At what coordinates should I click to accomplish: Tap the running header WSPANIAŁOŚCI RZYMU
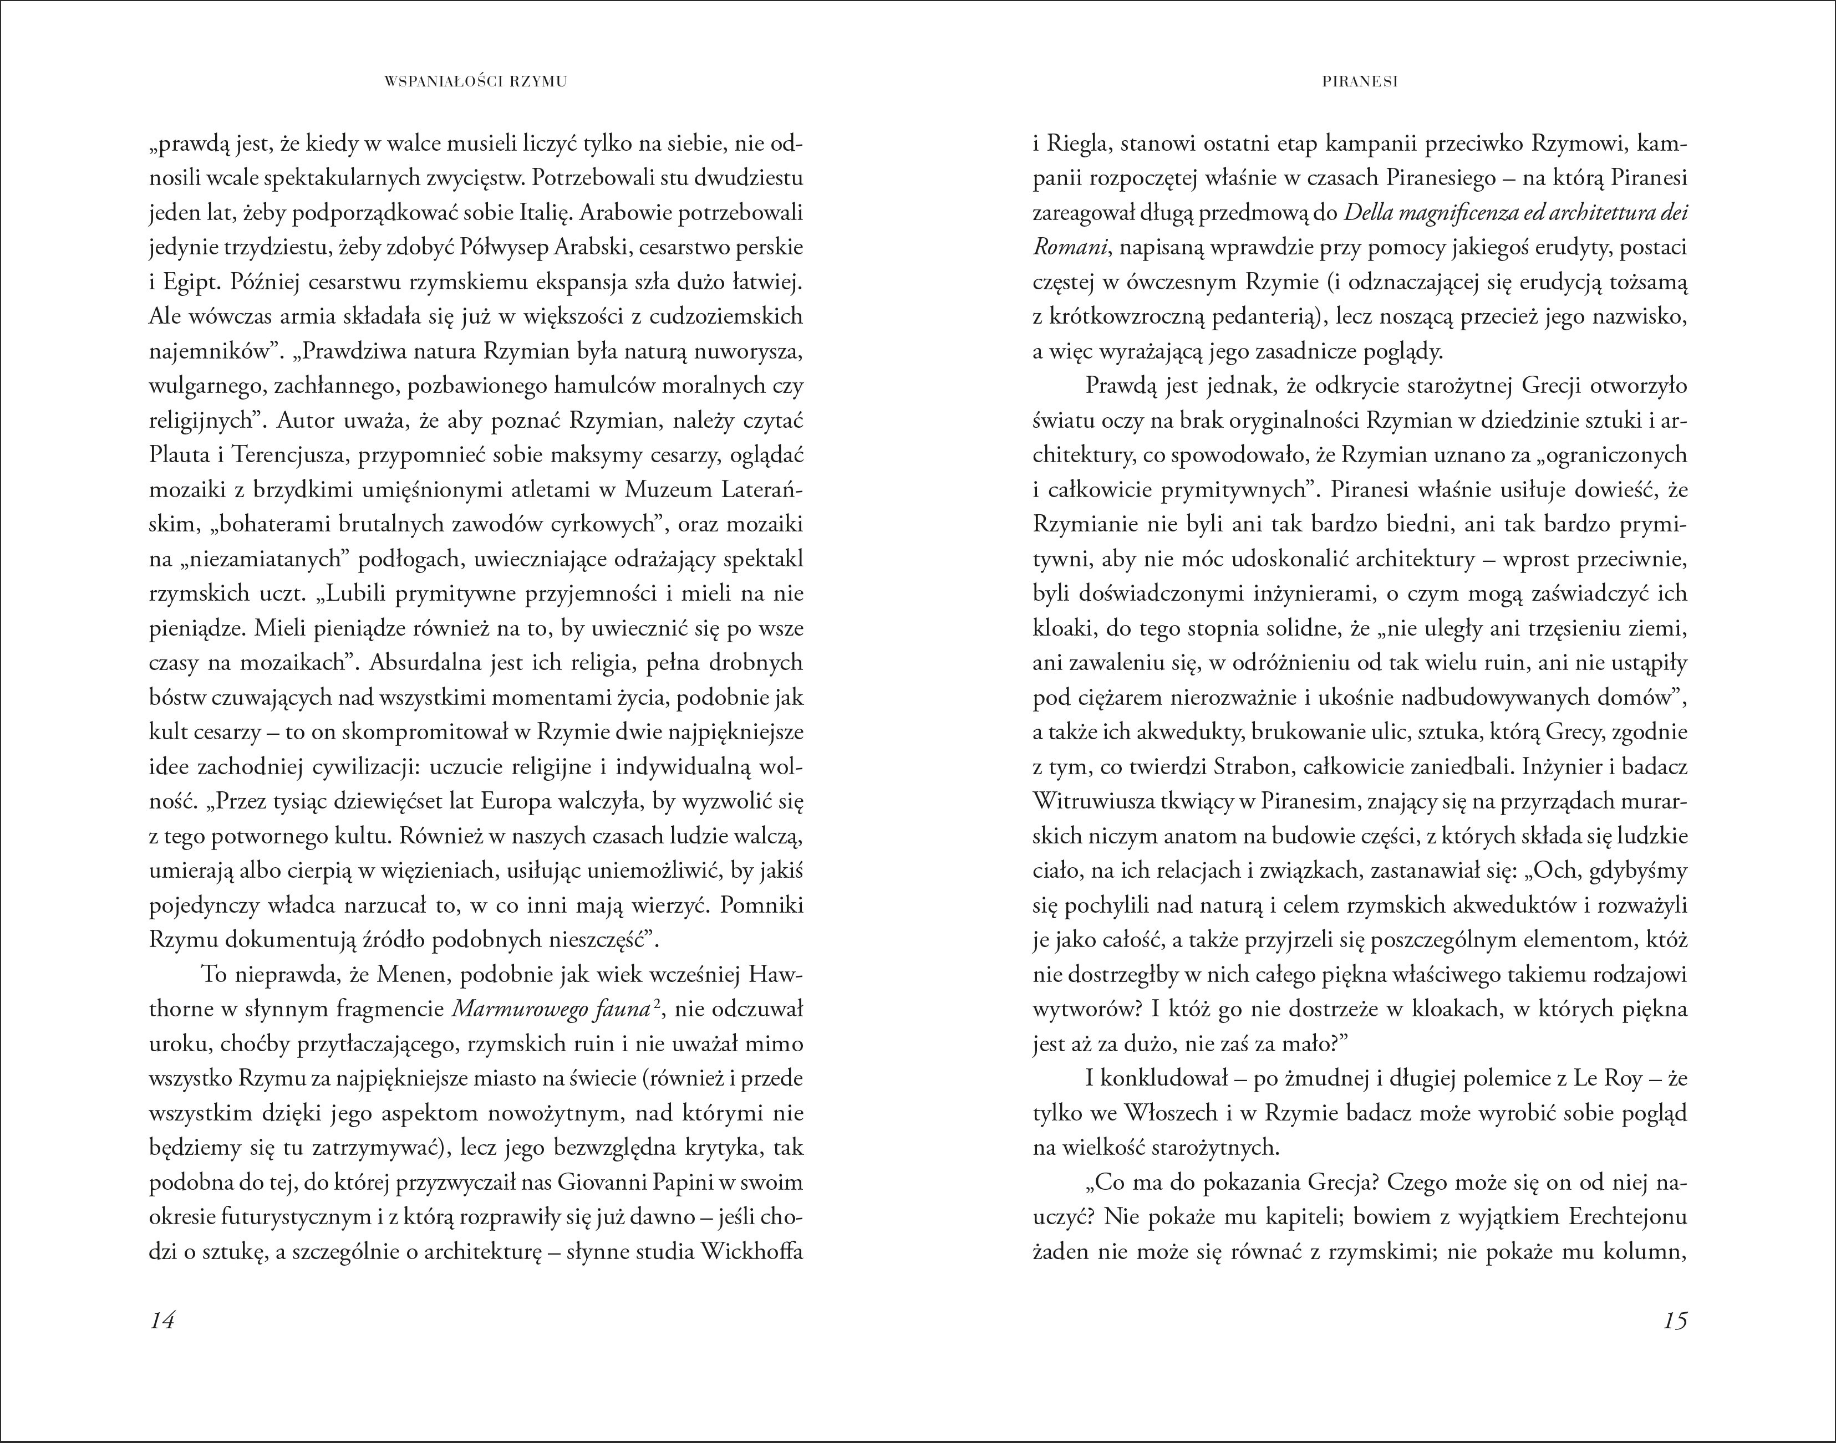pos(474,82)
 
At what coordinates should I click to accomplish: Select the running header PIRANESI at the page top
pos(1359,82)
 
